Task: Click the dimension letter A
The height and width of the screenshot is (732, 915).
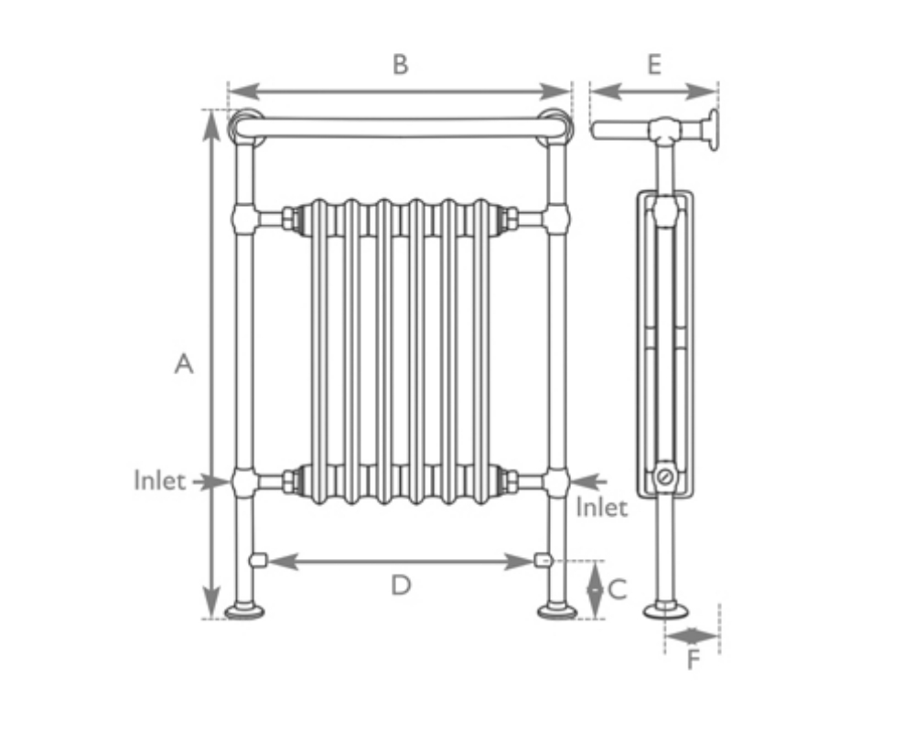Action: [184, 364]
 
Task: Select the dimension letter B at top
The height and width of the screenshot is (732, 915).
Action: [400, 65]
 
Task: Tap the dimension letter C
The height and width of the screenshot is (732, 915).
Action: [618, 590]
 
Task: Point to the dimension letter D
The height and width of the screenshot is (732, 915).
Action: [401, 586]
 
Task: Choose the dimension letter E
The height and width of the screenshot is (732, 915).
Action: [653, 65]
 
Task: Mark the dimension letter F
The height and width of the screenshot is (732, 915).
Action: [694, 659]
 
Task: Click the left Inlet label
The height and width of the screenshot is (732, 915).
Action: [159, 480]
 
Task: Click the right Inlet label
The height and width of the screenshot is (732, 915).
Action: [601, 507]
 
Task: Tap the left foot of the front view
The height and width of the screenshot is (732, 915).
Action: [245, 609]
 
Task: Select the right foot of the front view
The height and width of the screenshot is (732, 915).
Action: [556, 609]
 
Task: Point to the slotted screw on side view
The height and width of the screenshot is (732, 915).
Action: [665, 477]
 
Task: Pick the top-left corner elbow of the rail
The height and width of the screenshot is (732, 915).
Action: [244, 126]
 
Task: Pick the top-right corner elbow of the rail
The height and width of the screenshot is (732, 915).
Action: [556, 126]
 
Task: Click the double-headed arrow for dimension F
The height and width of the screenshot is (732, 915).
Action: [693, 634]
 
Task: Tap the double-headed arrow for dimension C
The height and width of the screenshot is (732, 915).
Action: [595, 590]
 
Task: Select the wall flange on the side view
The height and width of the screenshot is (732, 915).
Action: [712, 130]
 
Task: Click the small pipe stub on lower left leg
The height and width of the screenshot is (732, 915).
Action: [258, 560]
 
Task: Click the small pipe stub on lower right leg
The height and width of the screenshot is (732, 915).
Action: [544, 560]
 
